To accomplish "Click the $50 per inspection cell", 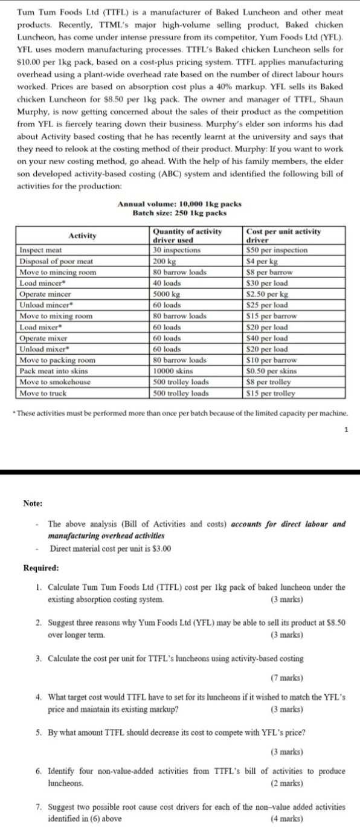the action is [x=277, y=250].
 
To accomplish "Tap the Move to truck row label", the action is [x=45, y=393].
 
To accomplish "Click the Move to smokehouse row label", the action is [x=53, y=382].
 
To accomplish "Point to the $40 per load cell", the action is [x=268, y=338].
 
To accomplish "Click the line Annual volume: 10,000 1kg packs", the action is [x=179, y=204].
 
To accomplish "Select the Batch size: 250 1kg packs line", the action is [x=179, y=213].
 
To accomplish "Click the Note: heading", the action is [x=33, y=503].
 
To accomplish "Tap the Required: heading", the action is [x=41, y=568].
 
